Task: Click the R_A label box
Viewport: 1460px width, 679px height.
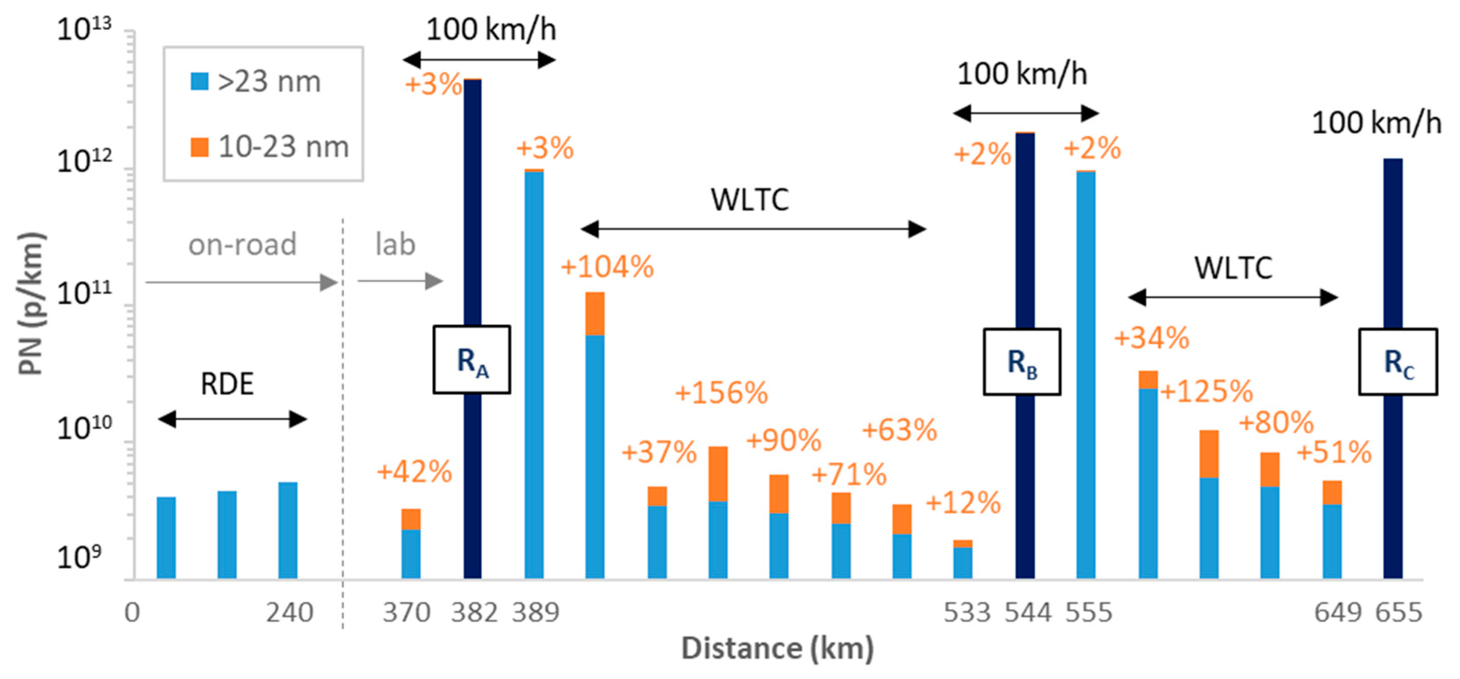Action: click(x=471, y=360)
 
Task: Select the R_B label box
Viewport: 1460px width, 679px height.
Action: click(x=1022, y=361)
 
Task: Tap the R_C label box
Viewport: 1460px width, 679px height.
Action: click(x=1398, y=361)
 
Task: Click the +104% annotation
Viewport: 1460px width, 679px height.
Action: click(x=607, y=267)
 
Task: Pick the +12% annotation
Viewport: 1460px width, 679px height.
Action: click(x=963, y=502)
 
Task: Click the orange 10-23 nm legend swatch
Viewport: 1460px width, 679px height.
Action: click(x=199, y=147)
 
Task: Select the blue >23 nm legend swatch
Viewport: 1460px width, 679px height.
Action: click(x=199, y=81)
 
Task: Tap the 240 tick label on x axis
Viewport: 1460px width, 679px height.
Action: click(x=290, y=613)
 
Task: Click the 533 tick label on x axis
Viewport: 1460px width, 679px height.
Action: click(x=967, y=613)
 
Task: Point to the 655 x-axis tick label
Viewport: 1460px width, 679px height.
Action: click(x=1399, y=613)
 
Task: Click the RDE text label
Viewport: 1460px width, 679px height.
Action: click(x=227, y=384)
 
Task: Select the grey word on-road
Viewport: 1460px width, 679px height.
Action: click(x=242, y=244)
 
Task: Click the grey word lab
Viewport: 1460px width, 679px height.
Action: click(x=396, y=244)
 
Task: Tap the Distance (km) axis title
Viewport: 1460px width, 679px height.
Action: click(x=777, y=648)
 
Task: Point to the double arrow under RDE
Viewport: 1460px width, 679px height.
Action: click(x=232, y=420)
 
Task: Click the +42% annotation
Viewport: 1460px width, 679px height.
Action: click(x=414, y=472)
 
